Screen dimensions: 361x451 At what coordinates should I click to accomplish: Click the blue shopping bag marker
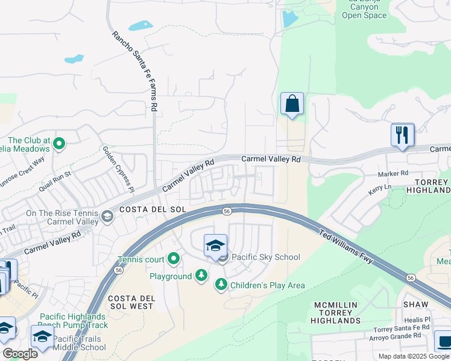click(x=292, y=104)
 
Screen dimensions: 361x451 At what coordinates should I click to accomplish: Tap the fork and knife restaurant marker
click(x=402, y=135)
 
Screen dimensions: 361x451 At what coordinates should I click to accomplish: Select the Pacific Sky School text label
click(x=265, y=258)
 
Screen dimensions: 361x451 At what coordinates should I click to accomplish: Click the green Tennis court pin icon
click(x=174, y=259)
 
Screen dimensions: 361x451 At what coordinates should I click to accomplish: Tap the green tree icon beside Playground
click(x=201, y=276)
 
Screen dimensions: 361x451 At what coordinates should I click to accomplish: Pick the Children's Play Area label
click(x=268, y=285)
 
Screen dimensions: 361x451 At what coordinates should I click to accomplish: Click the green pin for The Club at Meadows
click(x=59, y=143)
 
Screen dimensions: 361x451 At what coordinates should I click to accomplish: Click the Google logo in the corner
click(x=19, y=354)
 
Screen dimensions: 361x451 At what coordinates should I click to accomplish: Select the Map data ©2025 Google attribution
click(x=414, y=356)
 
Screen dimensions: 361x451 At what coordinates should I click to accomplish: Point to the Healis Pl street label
click(x=418, y=319)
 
